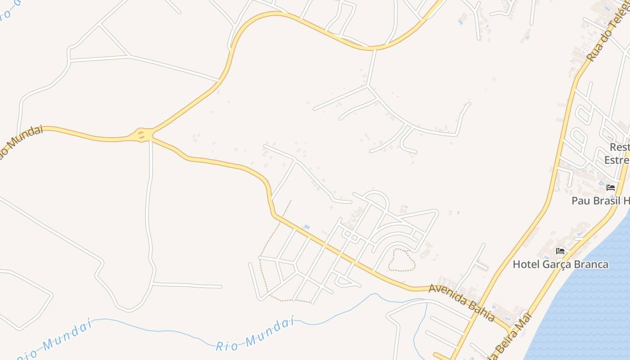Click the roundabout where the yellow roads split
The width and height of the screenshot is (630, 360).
click(142, 134)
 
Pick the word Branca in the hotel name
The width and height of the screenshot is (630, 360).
click(591, 264)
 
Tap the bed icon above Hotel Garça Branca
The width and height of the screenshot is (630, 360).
click(560, 251)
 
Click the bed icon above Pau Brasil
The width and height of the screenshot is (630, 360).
click(611, 187)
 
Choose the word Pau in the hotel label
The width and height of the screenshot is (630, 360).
click(580, 201)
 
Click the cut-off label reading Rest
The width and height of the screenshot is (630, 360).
click(619, 147)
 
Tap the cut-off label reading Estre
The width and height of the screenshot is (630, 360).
click(616, 160)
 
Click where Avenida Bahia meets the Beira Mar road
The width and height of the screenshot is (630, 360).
click(510, 330)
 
